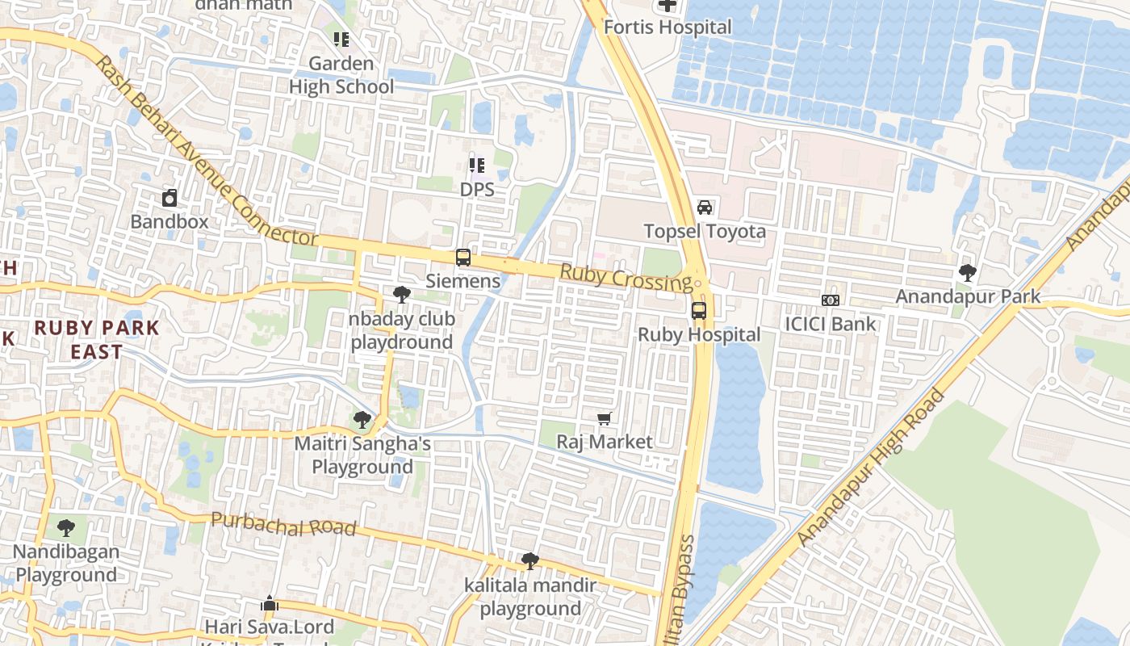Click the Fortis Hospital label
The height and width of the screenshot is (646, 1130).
pos(668,27)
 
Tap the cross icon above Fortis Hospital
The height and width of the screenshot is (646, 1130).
pos(668,6)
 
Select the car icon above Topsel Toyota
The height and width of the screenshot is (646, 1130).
pos(705,208)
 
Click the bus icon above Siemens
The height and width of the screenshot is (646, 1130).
pos(462,258)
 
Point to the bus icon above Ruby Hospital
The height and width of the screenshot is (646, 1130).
pos(699,311)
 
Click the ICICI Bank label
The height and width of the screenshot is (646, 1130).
pos(831,324)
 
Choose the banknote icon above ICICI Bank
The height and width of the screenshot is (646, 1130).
pos(831,300)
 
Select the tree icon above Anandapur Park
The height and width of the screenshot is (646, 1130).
pos(968,273)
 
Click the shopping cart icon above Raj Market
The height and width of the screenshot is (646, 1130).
pos(605,418)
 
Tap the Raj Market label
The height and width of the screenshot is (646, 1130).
pos(605,442)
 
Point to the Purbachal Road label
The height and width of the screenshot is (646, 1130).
pos(282,524)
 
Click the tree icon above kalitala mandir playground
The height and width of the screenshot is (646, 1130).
pos(530,560)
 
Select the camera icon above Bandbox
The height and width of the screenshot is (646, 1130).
pos(169,198)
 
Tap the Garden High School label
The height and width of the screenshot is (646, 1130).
pos(341,75)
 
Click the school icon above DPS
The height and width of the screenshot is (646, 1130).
pos(477,166)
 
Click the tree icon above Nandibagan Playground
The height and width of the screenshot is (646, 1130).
pos(66,528)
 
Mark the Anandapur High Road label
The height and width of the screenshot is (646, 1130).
pos(870,468)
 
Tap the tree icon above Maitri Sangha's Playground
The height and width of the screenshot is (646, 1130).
pos(362,420)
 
